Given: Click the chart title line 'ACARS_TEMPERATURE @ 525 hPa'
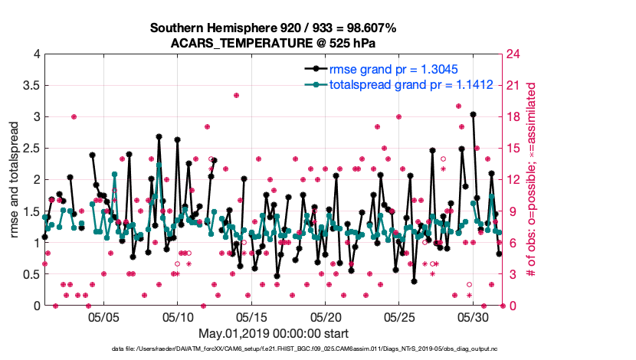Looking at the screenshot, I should [x=274, y=43].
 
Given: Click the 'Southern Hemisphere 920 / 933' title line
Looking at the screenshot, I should [x=274, y=28].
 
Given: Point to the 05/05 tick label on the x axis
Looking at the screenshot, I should [x=103, y=316].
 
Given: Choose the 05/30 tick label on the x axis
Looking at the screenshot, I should [x=474, y=316].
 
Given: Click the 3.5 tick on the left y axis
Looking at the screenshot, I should [x=29, y=86].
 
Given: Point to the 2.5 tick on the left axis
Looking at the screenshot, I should [x=29, y=149].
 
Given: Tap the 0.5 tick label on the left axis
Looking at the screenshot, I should [x=29, y=274].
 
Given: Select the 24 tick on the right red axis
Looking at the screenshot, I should [x=511, y=54].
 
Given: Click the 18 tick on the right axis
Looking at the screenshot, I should [x=511, y=117].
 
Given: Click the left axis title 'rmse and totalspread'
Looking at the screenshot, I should [x=13, y=180].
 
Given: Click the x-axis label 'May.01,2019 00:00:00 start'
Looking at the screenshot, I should [x=274, y=333].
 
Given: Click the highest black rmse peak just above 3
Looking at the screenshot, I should [x=474, y=114].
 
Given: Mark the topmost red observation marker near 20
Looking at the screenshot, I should [x=237, y=96].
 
